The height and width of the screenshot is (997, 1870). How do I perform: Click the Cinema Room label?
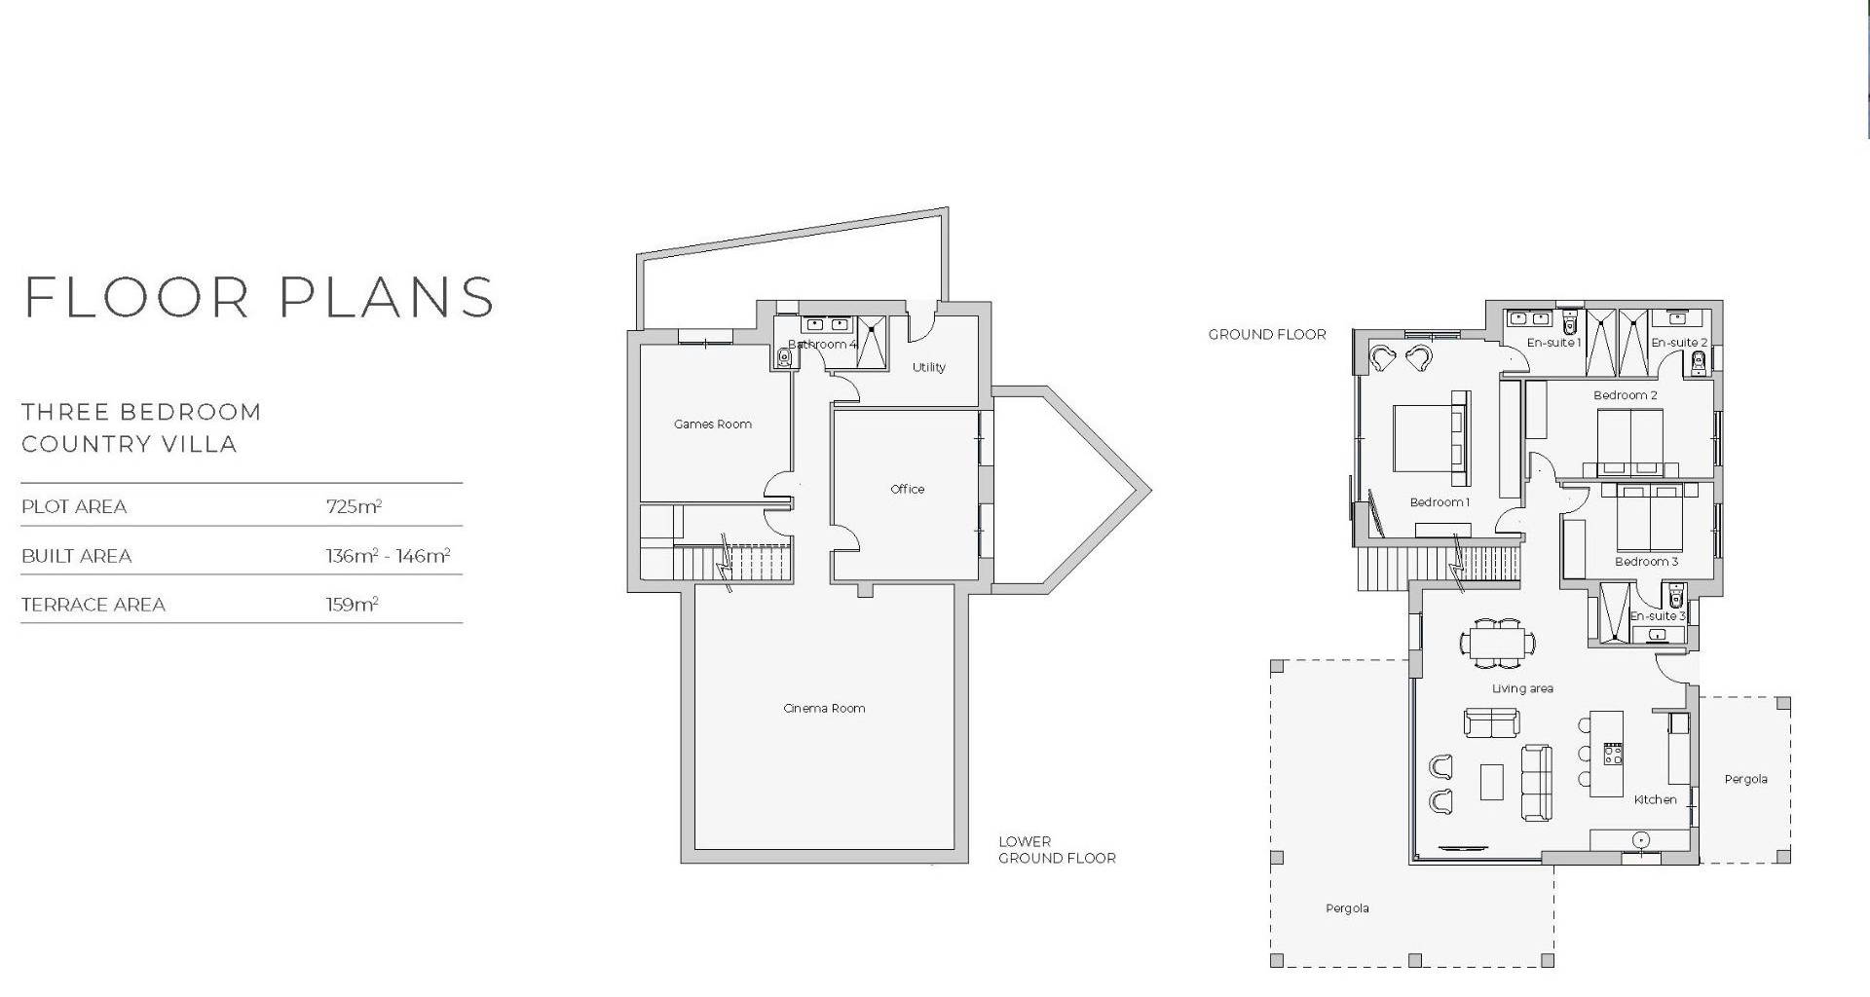pyautogui.click(x=824, y=708)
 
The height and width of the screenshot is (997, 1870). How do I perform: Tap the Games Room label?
pyautogui.click(x=713, y=424)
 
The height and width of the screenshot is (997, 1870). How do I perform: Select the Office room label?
pyautogui.click(x=907, y=489)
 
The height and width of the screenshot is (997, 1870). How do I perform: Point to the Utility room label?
pyautogui.click(x=928, y=367)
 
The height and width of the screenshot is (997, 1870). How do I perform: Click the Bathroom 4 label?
pyautogui.click(x=823, y=344)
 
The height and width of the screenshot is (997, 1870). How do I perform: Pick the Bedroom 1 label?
pyautogui.click(x=1440, y=502)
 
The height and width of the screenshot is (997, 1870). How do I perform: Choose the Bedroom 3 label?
pyautogui.click(x=1646, y=561)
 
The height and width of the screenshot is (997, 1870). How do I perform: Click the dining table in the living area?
pyautogui.click(x=1497, y=643)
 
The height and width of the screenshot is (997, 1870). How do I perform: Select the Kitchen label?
pyautogui.click(x=1655, y=799)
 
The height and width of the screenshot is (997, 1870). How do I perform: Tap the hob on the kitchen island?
pyautogui.click(x=1613, y=754)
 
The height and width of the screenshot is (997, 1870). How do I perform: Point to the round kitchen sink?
pyautogui.click(x=1641, y=839)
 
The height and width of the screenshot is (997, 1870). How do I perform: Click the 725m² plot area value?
pyautogui.click(x=354, y=506)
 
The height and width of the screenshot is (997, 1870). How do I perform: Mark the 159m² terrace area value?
pyautogui.click(x=352, y=605)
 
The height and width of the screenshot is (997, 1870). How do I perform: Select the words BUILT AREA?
pyautogui.click(x=76, y=556)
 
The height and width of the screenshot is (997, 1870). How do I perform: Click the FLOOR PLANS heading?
pyautogui.click(x=259, y=297)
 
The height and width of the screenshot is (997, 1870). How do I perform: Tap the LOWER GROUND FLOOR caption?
pyautogui.click(x=1057, y=850)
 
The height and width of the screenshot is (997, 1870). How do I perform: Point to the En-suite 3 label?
pyautogui.click(x=1657, y=615)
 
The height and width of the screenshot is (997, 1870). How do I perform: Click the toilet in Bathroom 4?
pyautogui.click(x=785, y=358)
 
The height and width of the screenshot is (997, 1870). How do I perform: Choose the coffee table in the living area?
pyautogui.click(x=1491, y=782)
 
